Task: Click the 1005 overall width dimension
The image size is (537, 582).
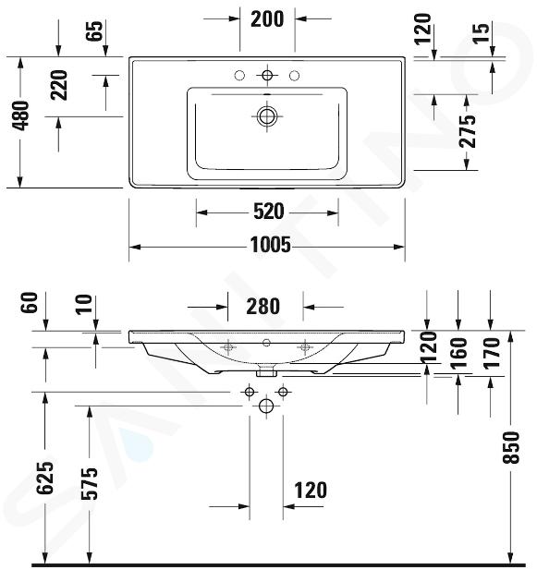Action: (x=271, y=245)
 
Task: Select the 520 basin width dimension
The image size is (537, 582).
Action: (x=268, y=212)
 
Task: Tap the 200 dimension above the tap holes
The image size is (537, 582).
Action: (x=267, y=18)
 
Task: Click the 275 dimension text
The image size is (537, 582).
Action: (x=467, y=131)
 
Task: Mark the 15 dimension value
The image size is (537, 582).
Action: (x=482, y=33)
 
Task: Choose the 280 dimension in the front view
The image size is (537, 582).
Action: (x=262, y=306)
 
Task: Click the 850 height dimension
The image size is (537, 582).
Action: (x=511, y=447)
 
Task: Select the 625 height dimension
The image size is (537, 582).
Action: (x=45, y=478)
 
